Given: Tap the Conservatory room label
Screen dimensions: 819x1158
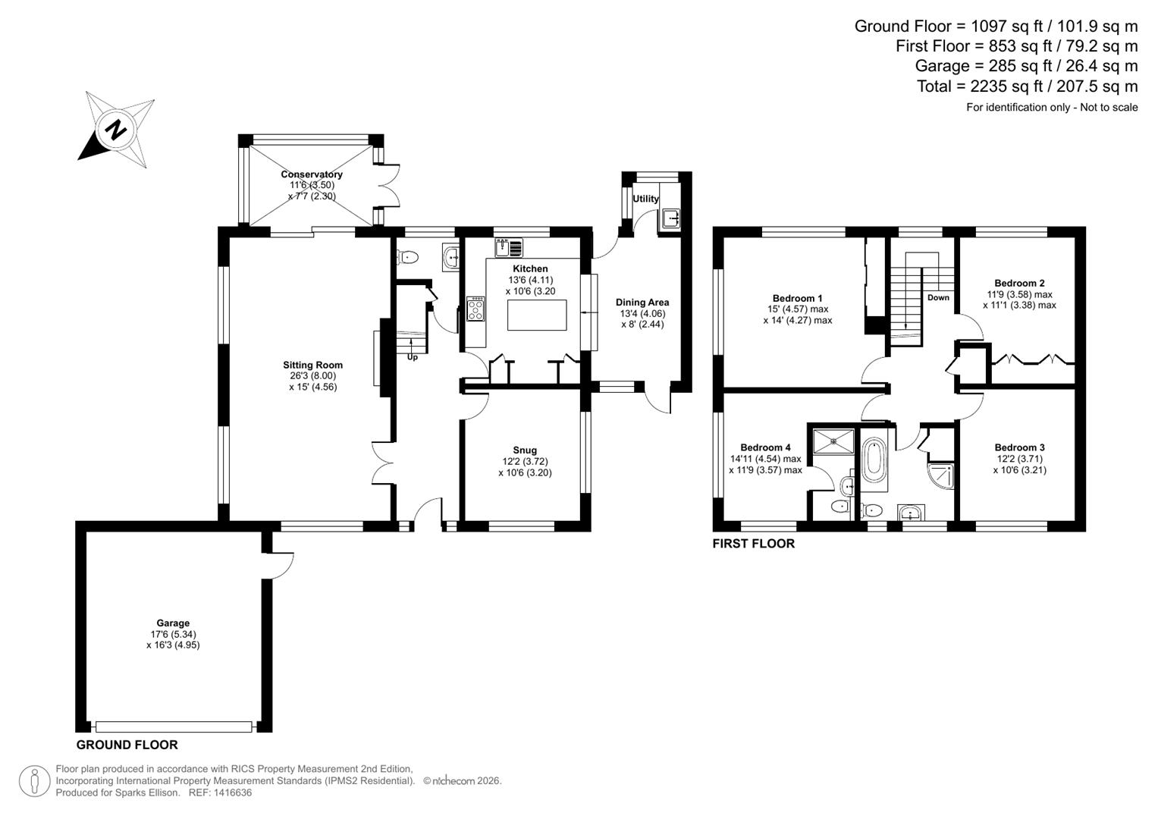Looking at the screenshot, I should coord(312,174).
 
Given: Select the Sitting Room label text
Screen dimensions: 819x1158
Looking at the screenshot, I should coord(312,365).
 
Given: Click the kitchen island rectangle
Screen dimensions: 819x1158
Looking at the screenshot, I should coord(537,315).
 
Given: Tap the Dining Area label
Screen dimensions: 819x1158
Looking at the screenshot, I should coord(642,302).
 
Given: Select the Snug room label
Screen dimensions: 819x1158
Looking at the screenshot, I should coord(525,450).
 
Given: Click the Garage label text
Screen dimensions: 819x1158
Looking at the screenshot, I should coord(173,623).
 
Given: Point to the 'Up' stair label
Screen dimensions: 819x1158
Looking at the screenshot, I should coord(413,357).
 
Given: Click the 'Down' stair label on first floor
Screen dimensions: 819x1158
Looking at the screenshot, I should coord(938,297).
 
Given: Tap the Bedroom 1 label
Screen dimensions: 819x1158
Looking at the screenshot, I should coord(797,298).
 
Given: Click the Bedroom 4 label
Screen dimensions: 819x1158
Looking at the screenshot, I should coord(765,447).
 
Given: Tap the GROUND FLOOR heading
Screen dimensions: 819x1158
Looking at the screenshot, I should coord(127,745).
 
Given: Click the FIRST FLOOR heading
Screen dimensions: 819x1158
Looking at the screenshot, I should coord(753,544).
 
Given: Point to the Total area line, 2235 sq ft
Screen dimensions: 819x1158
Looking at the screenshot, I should coord(1027,86).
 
